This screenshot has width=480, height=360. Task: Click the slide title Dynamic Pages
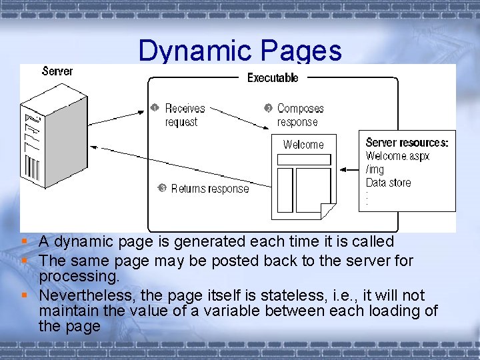pos(240,51)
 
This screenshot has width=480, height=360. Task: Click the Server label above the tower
pos(57,71)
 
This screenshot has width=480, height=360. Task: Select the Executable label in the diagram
pos(273,78)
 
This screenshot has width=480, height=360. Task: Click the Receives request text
pos(185,115)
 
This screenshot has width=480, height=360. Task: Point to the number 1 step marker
pos(154,107)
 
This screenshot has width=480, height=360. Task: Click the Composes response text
pos(300,115)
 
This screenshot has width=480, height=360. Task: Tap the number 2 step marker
pos(268,107)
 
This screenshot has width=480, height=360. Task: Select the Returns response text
pos(209,189)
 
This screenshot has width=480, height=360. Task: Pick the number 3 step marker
pos(162,188)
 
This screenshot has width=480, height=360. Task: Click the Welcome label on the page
pos(303,145)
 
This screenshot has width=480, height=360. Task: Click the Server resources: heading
pos(407,143)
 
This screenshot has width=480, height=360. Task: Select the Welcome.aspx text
pos(397,156)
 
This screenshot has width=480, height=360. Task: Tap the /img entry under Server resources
pos(375,169)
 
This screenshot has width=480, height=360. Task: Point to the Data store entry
pos(388,183)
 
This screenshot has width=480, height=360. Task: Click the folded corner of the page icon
pos(327,211)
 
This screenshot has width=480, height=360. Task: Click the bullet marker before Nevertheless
pos(24,295)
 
